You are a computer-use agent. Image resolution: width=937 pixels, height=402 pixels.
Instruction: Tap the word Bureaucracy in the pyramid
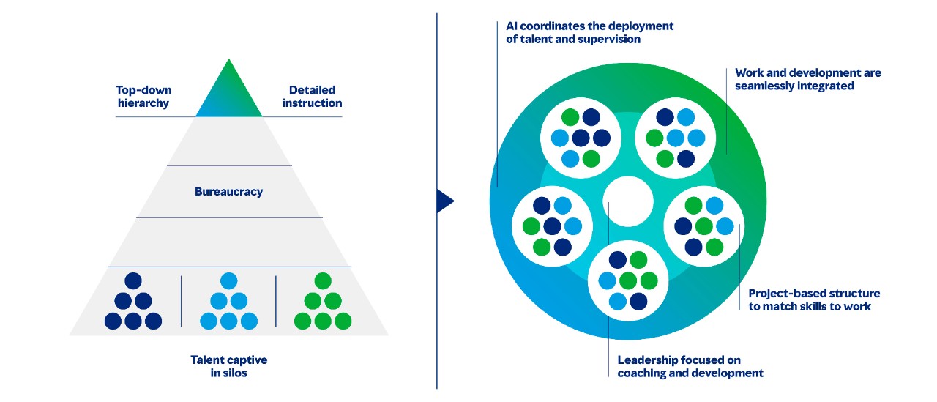click(x=228, y=192)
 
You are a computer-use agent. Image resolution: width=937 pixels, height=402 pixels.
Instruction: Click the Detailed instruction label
click(x=312, y=97)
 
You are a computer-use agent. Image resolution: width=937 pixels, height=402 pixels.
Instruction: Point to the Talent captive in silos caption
click(x=228, y=366)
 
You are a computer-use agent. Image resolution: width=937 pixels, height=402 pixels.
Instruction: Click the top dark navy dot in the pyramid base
click(x=133, y=280)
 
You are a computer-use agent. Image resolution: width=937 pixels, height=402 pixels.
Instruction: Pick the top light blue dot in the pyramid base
click(x=228, y=280)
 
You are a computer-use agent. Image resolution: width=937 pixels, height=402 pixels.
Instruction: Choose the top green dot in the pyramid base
click(x=323, y=280)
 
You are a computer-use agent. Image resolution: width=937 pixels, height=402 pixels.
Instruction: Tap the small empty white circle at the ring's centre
click(x=628, y=201)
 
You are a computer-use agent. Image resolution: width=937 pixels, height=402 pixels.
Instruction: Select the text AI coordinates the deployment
click(x=589, y=26)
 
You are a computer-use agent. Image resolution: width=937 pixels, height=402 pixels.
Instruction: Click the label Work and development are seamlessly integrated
click(x=807, y=79)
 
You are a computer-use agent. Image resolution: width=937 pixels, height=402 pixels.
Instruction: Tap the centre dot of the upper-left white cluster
click(x=581, y=138)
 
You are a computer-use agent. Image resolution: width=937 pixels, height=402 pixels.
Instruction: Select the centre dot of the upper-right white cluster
click(x=676, y=138)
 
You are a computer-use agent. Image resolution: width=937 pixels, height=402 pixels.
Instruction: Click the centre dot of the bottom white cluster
click(x=628, y=280)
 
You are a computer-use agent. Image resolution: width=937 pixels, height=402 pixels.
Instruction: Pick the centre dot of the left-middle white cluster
click(x=552, y=226)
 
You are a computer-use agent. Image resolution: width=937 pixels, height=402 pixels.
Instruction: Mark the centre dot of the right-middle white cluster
click(x=703, y=226)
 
